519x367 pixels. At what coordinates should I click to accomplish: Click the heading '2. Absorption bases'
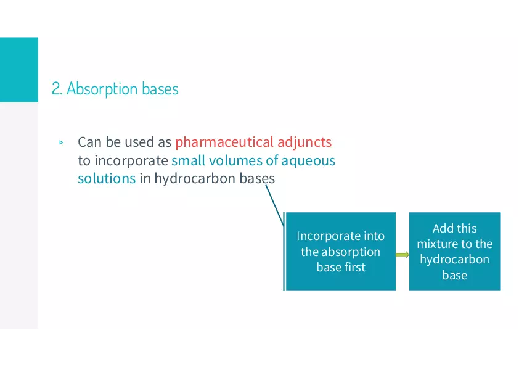[x=115, y=89]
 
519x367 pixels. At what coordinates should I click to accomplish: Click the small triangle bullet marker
[x=61, y=142]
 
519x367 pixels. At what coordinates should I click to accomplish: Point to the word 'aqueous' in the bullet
[x=308, y=160]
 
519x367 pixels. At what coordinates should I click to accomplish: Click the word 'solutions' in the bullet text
[x=107, y=178]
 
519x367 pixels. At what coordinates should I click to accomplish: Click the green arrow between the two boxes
[x=403, y=255]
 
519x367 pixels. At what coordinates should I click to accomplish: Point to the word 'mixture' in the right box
[x=436, y=244]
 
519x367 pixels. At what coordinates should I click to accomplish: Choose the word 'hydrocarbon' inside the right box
[x=454, y=259]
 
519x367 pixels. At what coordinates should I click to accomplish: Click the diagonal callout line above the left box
[x=275, y=199]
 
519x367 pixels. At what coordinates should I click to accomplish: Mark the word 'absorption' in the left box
[x=351, y=252]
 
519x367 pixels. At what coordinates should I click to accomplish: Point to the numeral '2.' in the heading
[x=57, y=89]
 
